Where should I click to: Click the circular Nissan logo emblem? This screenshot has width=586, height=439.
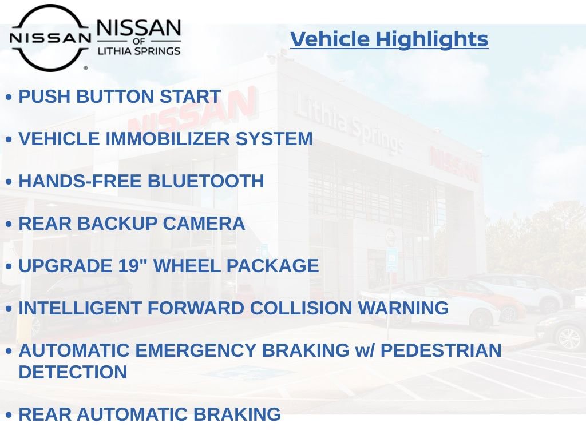pyautogui.click(x=50, y=38)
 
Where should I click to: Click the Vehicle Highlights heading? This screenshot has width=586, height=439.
pyautogui.click(x=389, y=39)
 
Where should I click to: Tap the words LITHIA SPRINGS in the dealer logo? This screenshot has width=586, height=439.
pyautogui.click(x=138, y=51)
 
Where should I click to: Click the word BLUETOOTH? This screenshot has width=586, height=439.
pyautogui.click(x=206, y=181)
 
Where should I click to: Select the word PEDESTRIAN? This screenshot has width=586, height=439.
pyautogui.click(x=441, y=350)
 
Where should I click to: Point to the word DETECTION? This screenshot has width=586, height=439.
pyautogui.click(x=73, y=372)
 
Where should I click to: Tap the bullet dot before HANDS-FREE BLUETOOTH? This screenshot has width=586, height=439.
pyautogui.click(x=9, y=182)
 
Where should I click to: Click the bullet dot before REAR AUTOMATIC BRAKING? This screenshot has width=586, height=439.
pyautogui.click(x=9, y=415)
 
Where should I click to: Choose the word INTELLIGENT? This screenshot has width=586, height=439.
pyautogui.click(x=80, y=308)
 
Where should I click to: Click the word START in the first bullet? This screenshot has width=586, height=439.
pyautogui.click(x=190, y=97)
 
